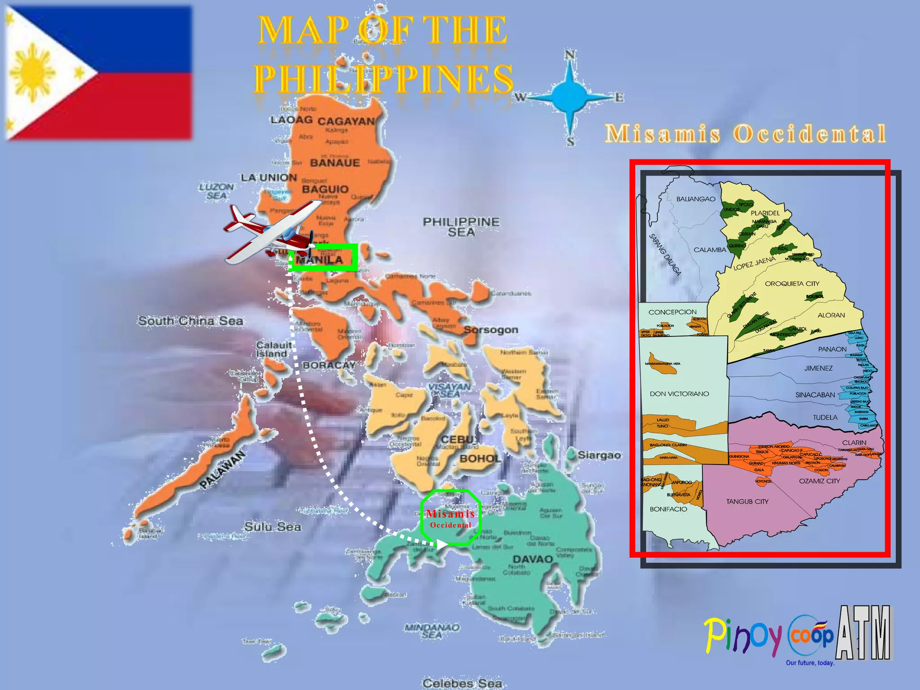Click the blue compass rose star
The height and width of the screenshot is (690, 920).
pos(569,97)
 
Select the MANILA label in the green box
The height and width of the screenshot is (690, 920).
pos(320,260)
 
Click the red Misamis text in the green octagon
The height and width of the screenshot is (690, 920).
pos(451,514)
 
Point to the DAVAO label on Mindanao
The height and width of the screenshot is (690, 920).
pos(533,559)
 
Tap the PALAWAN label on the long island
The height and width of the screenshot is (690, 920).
pos(222,469)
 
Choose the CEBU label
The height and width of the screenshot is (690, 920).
pos(457,439)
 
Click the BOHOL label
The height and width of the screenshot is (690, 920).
pos(480,459)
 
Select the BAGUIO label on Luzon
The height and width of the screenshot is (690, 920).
pos(325,189)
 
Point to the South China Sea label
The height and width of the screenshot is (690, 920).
pos(190,321)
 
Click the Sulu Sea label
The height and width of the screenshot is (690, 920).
pos(273,526)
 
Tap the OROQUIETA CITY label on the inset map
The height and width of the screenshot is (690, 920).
pos(792,284)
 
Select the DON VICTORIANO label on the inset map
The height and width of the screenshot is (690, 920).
pos(679,394)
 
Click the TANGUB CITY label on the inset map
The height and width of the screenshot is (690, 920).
pos(747,501)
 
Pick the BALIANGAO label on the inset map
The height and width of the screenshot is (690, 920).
pos(696,199)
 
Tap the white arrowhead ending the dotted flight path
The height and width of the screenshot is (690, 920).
pos(442,544)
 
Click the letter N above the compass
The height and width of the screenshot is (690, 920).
pos(570,55)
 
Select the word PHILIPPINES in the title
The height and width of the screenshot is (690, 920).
pos(384,79)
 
